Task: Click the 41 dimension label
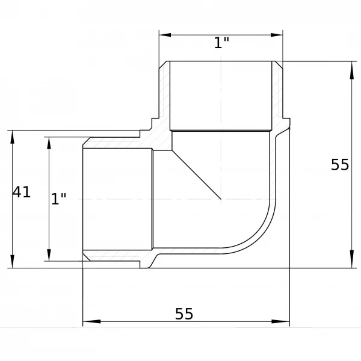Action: [22, 193]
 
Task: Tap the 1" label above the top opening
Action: [221, 43]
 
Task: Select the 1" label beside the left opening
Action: [58, 199]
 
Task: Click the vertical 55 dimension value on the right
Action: [340, 165]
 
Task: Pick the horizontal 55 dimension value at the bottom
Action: [184, 313]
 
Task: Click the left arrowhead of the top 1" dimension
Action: [165, 35]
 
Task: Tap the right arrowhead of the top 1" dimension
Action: [277, 35]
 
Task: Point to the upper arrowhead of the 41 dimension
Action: [13, 137]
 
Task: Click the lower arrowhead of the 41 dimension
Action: [13, 262]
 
